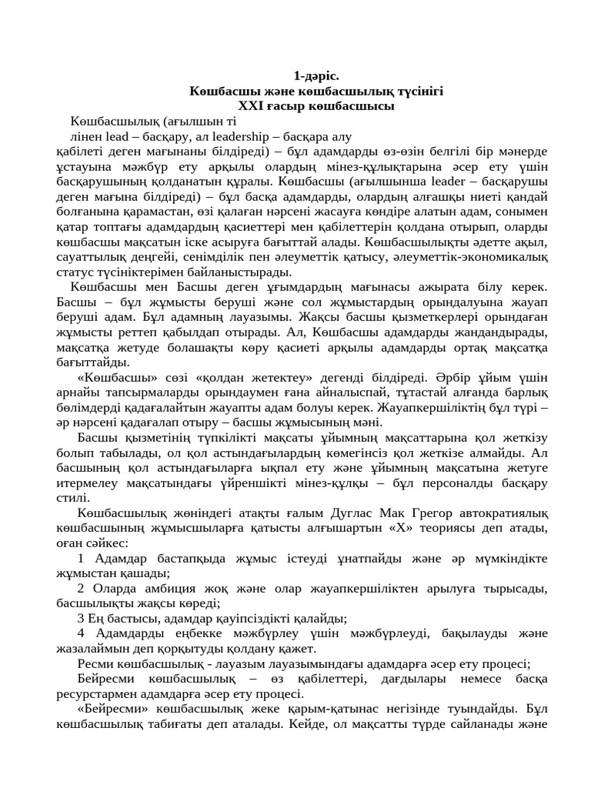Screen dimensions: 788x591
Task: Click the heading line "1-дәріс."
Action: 316,76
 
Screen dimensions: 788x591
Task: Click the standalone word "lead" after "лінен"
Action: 107,136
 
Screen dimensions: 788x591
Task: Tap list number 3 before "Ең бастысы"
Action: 82,618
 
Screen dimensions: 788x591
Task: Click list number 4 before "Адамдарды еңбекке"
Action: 82,633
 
